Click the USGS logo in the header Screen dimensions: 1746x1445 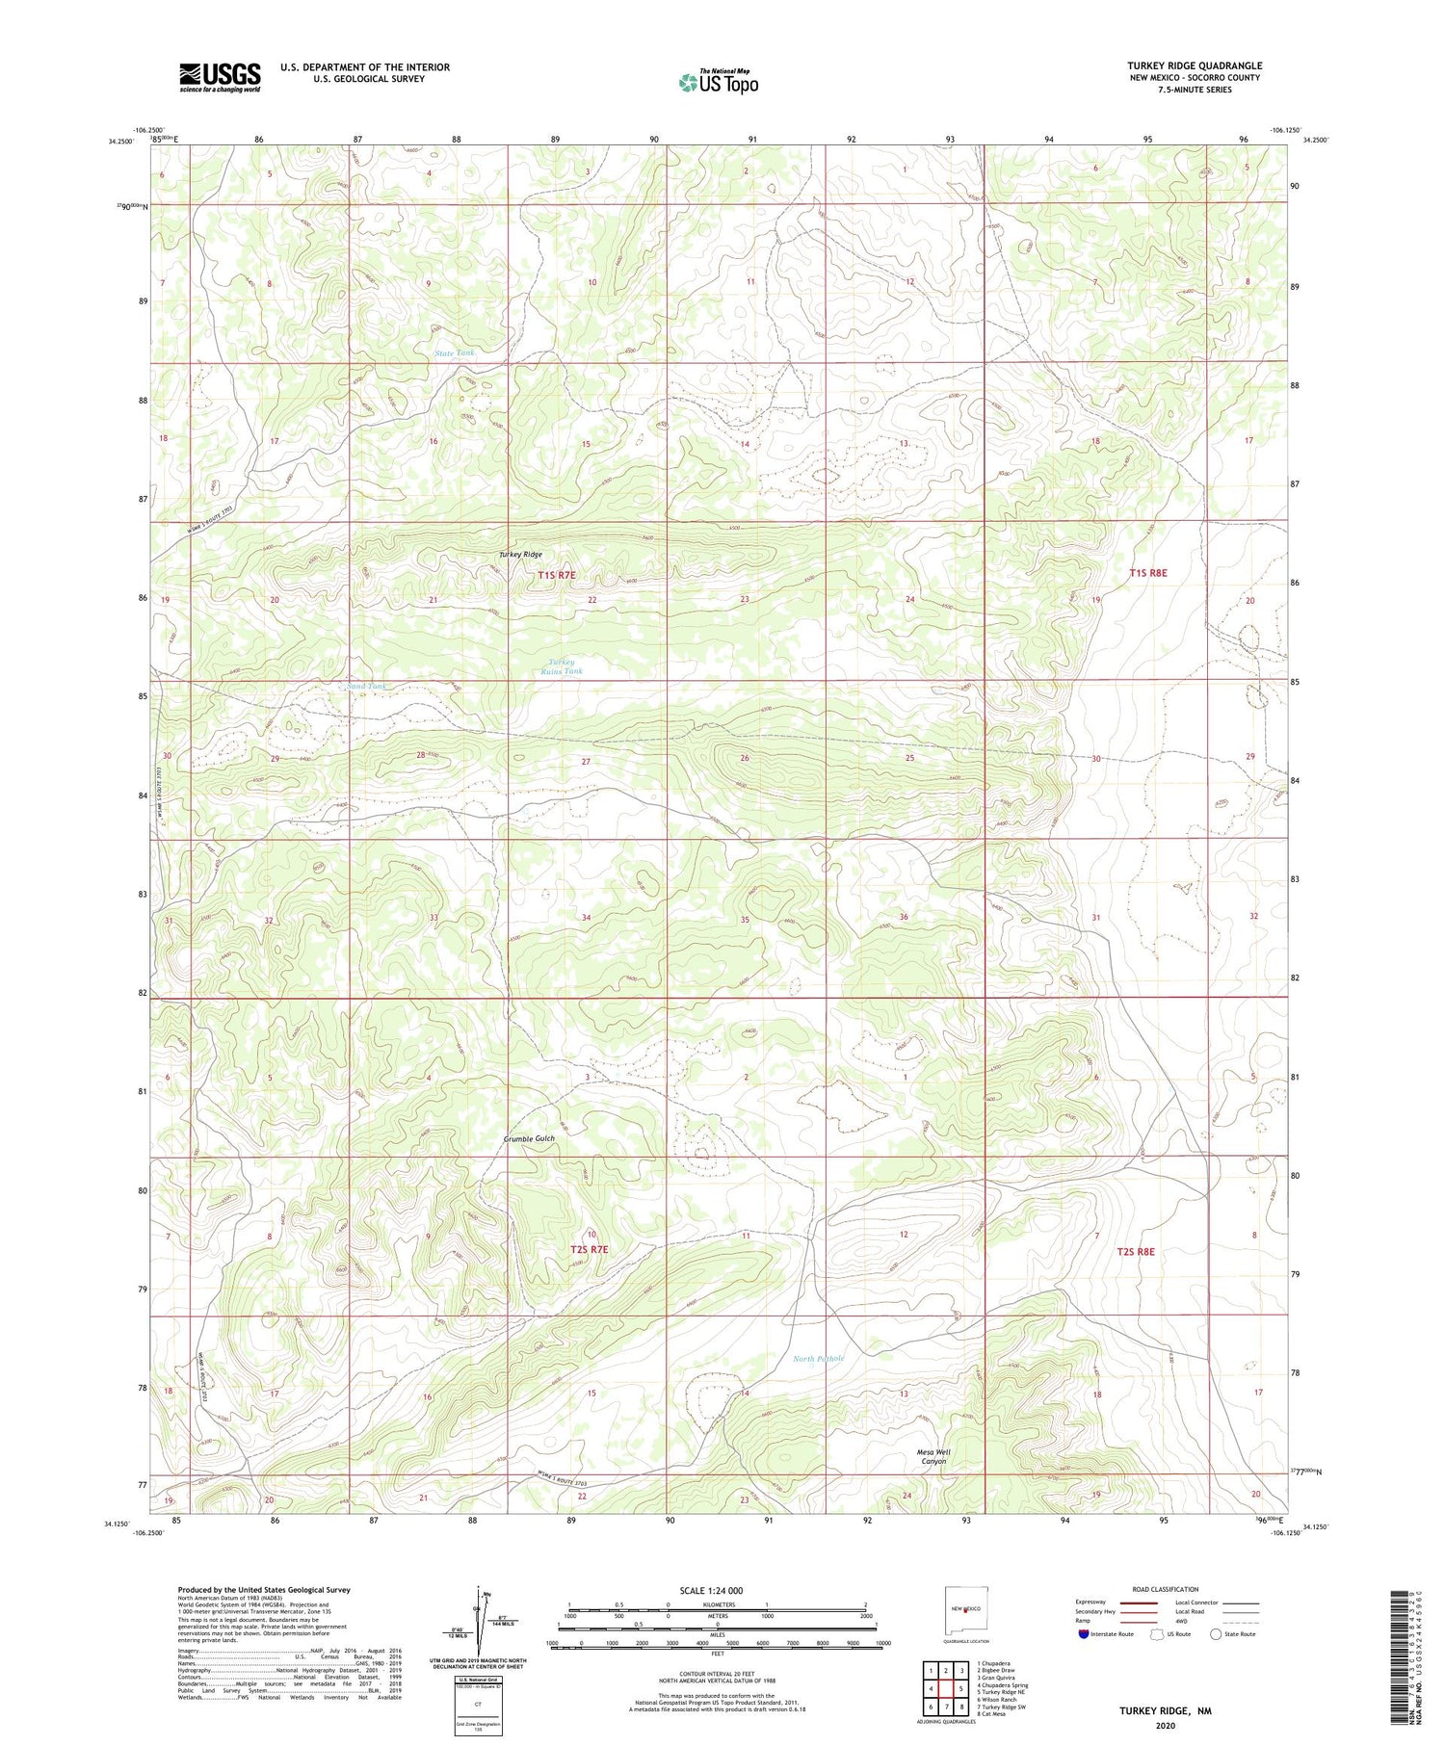click(x=220, y=77)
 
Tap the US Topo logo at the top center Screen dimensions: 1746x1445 click(x=718, y=82)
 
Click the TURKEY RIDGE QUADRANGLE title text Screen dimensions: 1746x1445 click(x=1195, y=65)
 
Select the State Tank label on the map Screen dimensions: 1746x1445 click(x=455, y=353)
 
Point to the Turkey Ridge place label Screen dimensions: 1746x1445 click(x=520, y=555)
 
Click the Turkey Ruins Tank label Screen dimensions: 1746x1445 click(x=565, y=666)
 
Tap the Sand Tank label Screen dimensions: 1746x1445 click(x=365, y=686)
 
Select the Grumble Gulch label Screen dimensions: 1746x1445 click(x=529, y=1138)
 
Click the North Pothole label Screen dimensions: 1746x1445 click(x=819, y=1359)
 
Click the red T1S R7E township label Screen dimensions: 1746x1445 click(x=556, y=575)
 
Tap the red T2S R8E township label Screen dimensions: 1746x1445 click(x=1135, y=1251)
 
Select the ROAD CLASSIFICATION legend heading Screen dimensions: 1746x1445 click(x=1166, y=1589)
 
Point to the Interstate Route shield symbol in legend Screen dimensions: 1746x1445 click(x=1084, y=1634)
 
